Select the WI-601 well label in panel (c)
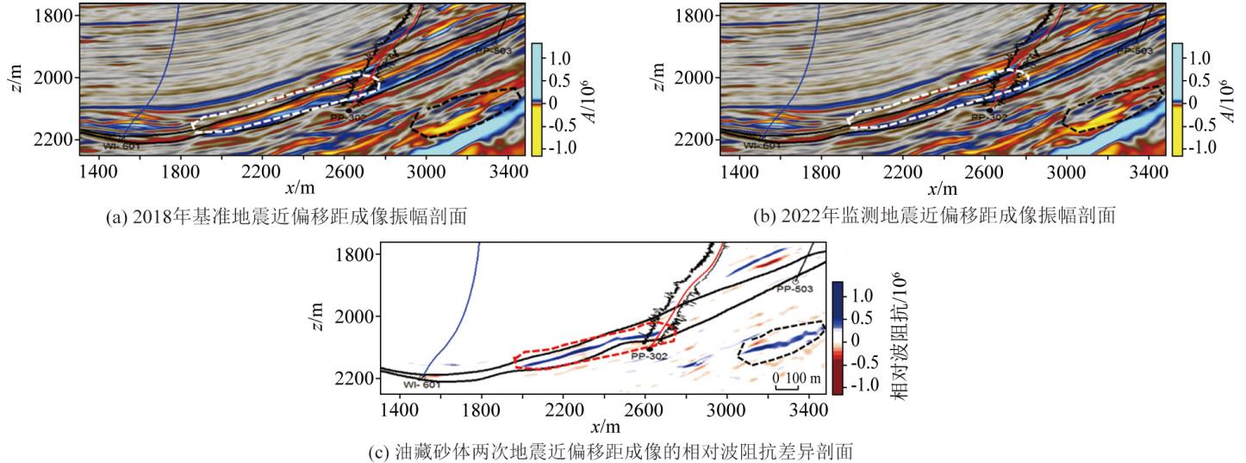click(x=422, y=385)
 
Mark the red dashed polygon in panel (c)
click(x=595, y=349)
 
